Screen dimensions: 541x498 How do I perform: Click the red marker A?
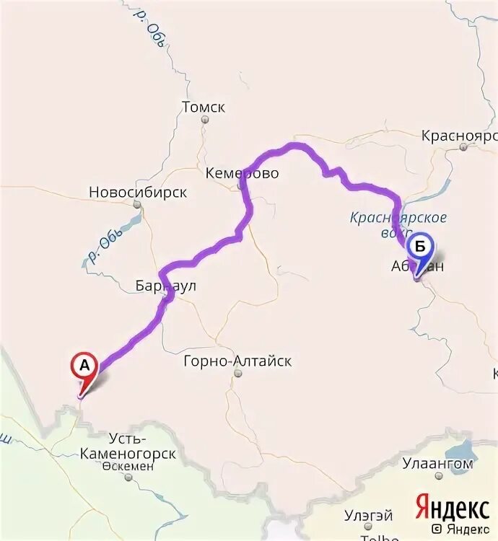[x=84, y=366]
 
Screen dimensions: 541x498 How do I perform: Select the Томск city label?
[x=204, y=107]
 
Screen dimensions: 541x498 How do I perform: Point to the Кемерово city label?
[x=242, y=174]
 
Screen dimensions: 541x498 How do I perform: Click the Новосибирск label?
[x=138, y=193]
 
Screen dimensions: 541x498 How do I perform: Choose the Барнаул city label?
[x=165, y=286]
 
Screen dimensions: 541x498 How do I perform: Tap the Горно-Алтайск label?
[x=237, y=361]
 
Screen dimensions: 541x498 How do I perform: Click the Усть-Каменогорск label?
[x=142, y=447]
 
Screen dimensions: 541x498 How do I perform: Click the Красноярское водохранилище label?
[x=398, y=224]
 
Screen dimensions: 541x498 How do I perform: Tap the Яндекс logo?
[x=452, y=508]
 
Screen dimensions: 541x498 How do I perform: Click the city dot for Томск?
[x=205, y=119]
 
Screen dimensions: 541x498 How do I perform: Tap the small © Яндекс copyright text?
[x=455, y=529]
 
